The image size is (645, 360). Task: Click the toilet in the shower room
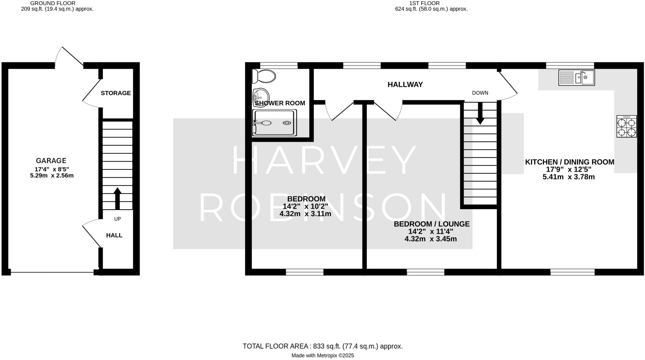(x=264, y=76)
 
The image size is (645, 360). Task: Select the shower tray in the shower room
(x=275, y=123)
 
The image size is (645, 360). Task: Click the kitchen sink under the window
(x=576, y=77)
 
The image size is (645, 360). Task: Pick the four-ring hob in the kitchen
(x=626, y=126)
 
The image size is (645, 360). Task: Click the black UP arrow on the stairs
(x=117, y=198)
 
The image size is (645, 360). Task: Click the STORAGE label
(x=116, y=93)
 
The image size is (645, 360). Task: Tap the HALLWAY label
(x=405, y=84)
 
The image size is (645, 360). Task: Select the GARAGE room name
(x=51, y=161)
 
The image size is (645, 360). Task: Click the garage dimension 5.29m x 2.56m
(x=52, y=175)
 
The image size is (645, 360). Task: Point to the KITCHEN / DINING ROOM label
(x=569, y=162)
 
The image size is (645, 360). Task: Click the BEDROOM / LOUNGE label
(x=431, y=224)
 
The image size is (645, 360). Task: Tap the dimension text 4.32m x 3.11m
(x=305, y=214)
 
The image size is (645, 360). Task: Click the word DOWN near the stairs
(x=480, y=93)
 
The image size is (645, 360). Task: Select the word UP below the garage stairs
(x=117, y=219)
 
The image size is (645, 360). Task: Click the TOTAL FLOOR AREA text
(x=322, y=346)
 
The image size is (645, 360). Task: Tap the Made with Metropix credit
(x=322, y=356)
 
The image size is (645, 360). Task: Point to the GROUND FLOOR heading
(x=53, y=3)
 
